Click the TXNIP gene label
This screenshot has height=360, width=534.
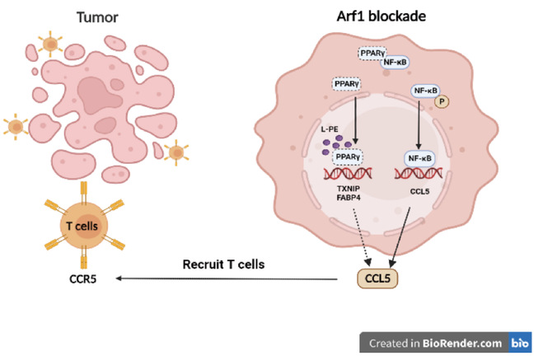[343, 188]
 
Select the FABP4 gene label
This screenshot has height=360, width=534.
[343, 199]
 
